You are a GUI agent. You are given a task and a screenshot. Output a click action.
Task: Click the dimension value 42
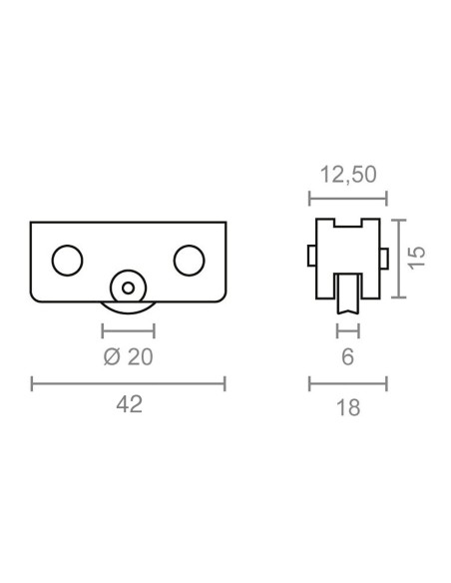(130, 404)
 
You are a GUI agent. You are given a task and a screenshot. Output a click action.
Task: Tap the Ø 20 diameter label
(128, 357)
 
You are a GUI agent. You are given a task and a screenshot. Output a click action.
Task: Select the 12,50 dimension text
(348, 175)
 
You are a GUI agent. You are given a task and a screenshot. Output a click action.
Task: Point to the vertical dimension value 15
(417, 258)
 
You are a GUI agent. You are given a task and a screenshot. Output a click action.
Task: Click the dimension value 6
(347, 357)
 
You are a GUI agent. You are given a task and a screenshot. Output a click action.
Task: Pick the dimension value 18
(348, 407)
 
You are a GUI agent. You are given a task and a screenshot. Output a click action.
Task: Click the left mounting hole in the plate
(67, 261)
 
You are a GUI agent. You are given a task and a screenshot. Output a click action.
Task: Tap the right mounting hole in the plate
(190, 261)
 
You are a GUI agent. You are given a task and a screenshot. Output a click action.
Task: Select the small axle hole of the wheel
(128, 288)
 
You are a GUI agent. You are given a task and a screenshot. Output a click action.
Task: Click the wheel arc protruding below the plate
(128, 312)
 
